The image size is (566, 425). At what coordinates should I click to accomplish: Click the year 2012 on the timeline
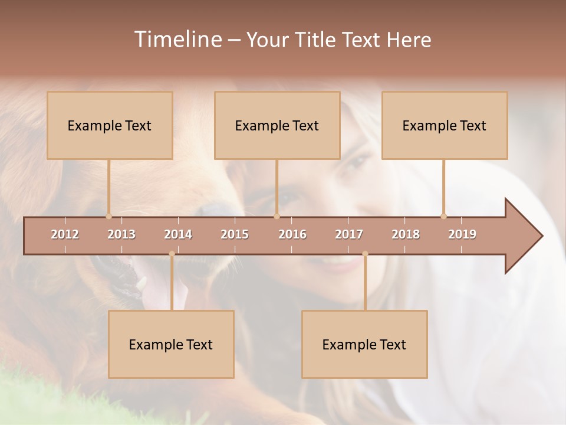click(x=65, y=234)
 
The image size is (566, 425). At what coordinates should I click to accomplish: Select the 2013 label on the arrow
click(x=121, y=234)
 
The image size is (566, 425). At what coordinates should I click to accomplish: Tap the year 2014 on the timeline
click(x=178, y=234)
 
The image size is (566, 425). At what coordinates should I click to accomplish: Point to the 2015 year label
click(x=235, y=234)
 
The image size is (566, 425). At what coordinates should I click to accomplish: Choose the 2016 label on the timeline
click(x=292, y=234)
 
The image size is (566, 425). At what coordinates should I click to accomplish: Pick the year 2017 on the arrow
click(x=349, y=234)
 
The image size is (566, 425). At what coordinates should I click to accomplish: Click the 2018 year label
click(x=406, y=234)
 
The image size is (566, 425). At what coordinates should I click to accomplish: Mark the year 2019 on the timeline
click(x=462, y=234)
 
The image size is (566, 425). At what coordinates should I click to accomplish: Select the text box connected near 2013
click(x=110, y=125)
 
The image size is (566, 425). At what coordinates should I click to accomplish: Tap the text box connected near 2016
click(x=277, y=125)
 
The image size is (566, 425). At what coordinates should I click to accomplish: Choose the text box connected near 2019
click(x=445, y=125)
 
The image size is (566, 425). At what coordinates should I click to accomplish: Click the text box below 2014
click(x=171, y=344)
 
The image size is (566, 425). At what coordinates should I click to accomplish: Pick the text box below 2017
click(x=364, y=344)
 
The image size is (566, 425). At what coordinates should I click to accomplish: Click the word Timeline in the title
click(x=177, y=40)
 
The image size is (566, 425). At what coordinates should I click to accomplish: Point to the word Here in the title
click(x=409, y=40)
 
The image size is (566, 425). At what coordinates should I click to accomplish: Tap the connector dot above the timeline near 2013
click(x=108, y=216)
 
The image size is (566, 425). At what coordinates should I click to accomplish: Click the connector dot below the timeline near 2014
click(x=172, y=254)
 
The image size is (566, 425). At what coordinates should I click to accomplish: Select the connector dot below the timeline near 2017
click(x=365, y=254)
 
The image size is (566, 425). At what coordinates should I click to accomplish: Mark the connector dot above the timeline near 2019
click(x=443, y=216)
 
